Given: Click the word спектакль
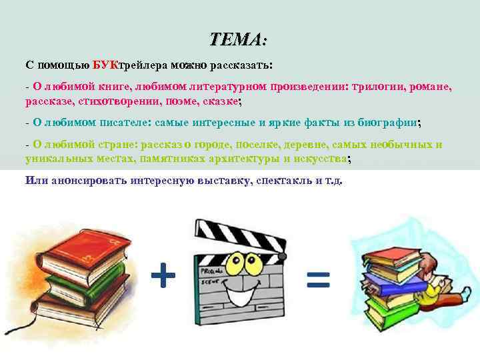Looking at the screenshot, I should click(287, 181).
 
